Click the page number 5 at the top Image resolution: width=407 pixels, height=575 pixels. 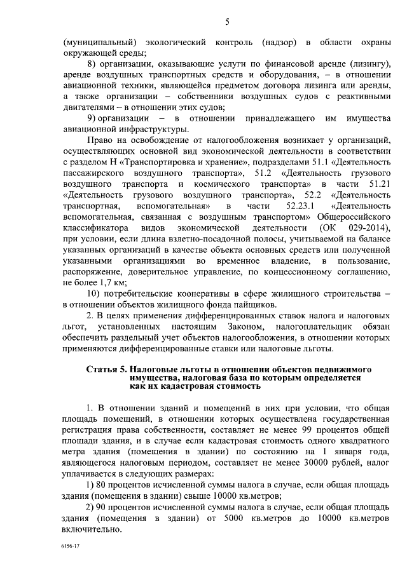[226, 24]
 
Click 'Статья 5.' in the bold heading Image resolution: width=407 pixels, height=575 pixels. [106, 369]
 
